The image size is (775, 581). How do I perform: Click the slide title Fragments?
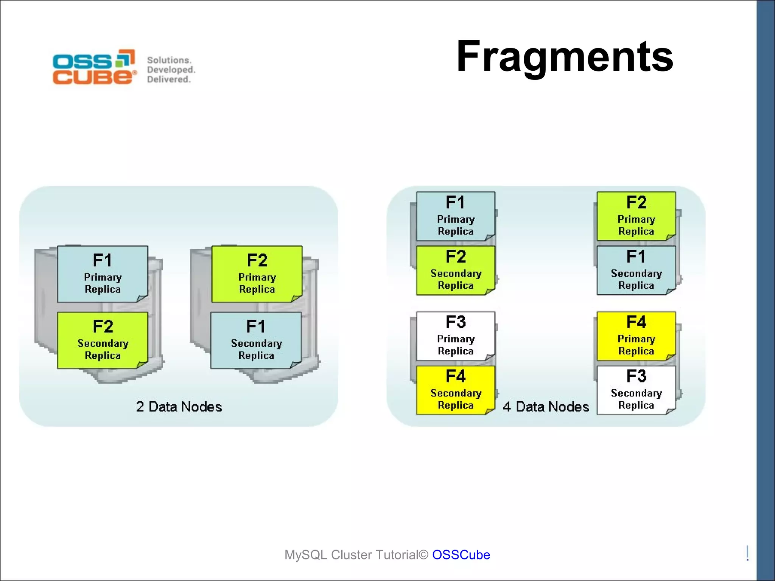[x=564, y=57]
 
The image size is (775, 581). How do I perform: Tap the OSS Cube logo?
[x=94, y=67]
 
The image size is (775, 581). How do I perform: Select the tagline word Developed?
[x=171, y=70]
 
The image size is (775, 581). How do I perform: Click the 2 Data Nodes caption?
[x=179, y=407]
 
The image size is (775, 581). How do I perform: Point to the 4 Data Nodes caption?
[x=546, y=407]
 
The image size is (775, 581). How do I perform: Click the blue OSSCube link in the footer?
[x=461, y=555]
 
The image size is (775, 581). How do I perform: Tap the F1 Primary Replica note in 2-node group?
[x=102, y=274]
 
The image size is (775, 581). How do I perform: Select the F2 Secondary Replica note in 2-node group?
[x=102, y=340]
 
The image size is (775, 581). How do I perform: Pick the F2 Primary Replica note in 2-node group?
[x=257, y=274]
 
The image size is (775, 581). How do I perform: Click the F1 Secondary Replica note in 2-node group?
[x=256, y=340]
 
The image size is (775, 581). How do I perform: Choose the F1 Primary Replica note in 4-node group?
[x=455, y=216]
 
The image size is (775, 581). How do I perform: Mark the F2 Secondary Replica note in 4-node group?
[x=455, y=270]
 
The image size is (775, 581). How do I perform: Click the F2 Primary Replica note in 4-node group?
[x=636, y=216]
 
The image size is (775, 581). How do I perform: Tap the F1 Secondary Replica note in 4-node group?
[x=636, y=270]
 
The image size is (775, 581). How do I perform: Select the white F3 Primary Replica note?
[x=455, y=336]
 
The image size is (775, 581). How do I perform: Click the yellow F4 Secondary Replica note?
[x=455, y=390]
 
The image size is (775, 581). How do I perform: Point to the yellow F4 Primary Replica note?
[x=636, y=336]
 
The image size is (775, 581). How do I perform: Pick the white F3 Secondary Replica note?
[x=636, y=390]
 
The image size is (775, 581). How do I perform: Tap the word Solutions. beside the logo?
[x=169, y=60]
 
